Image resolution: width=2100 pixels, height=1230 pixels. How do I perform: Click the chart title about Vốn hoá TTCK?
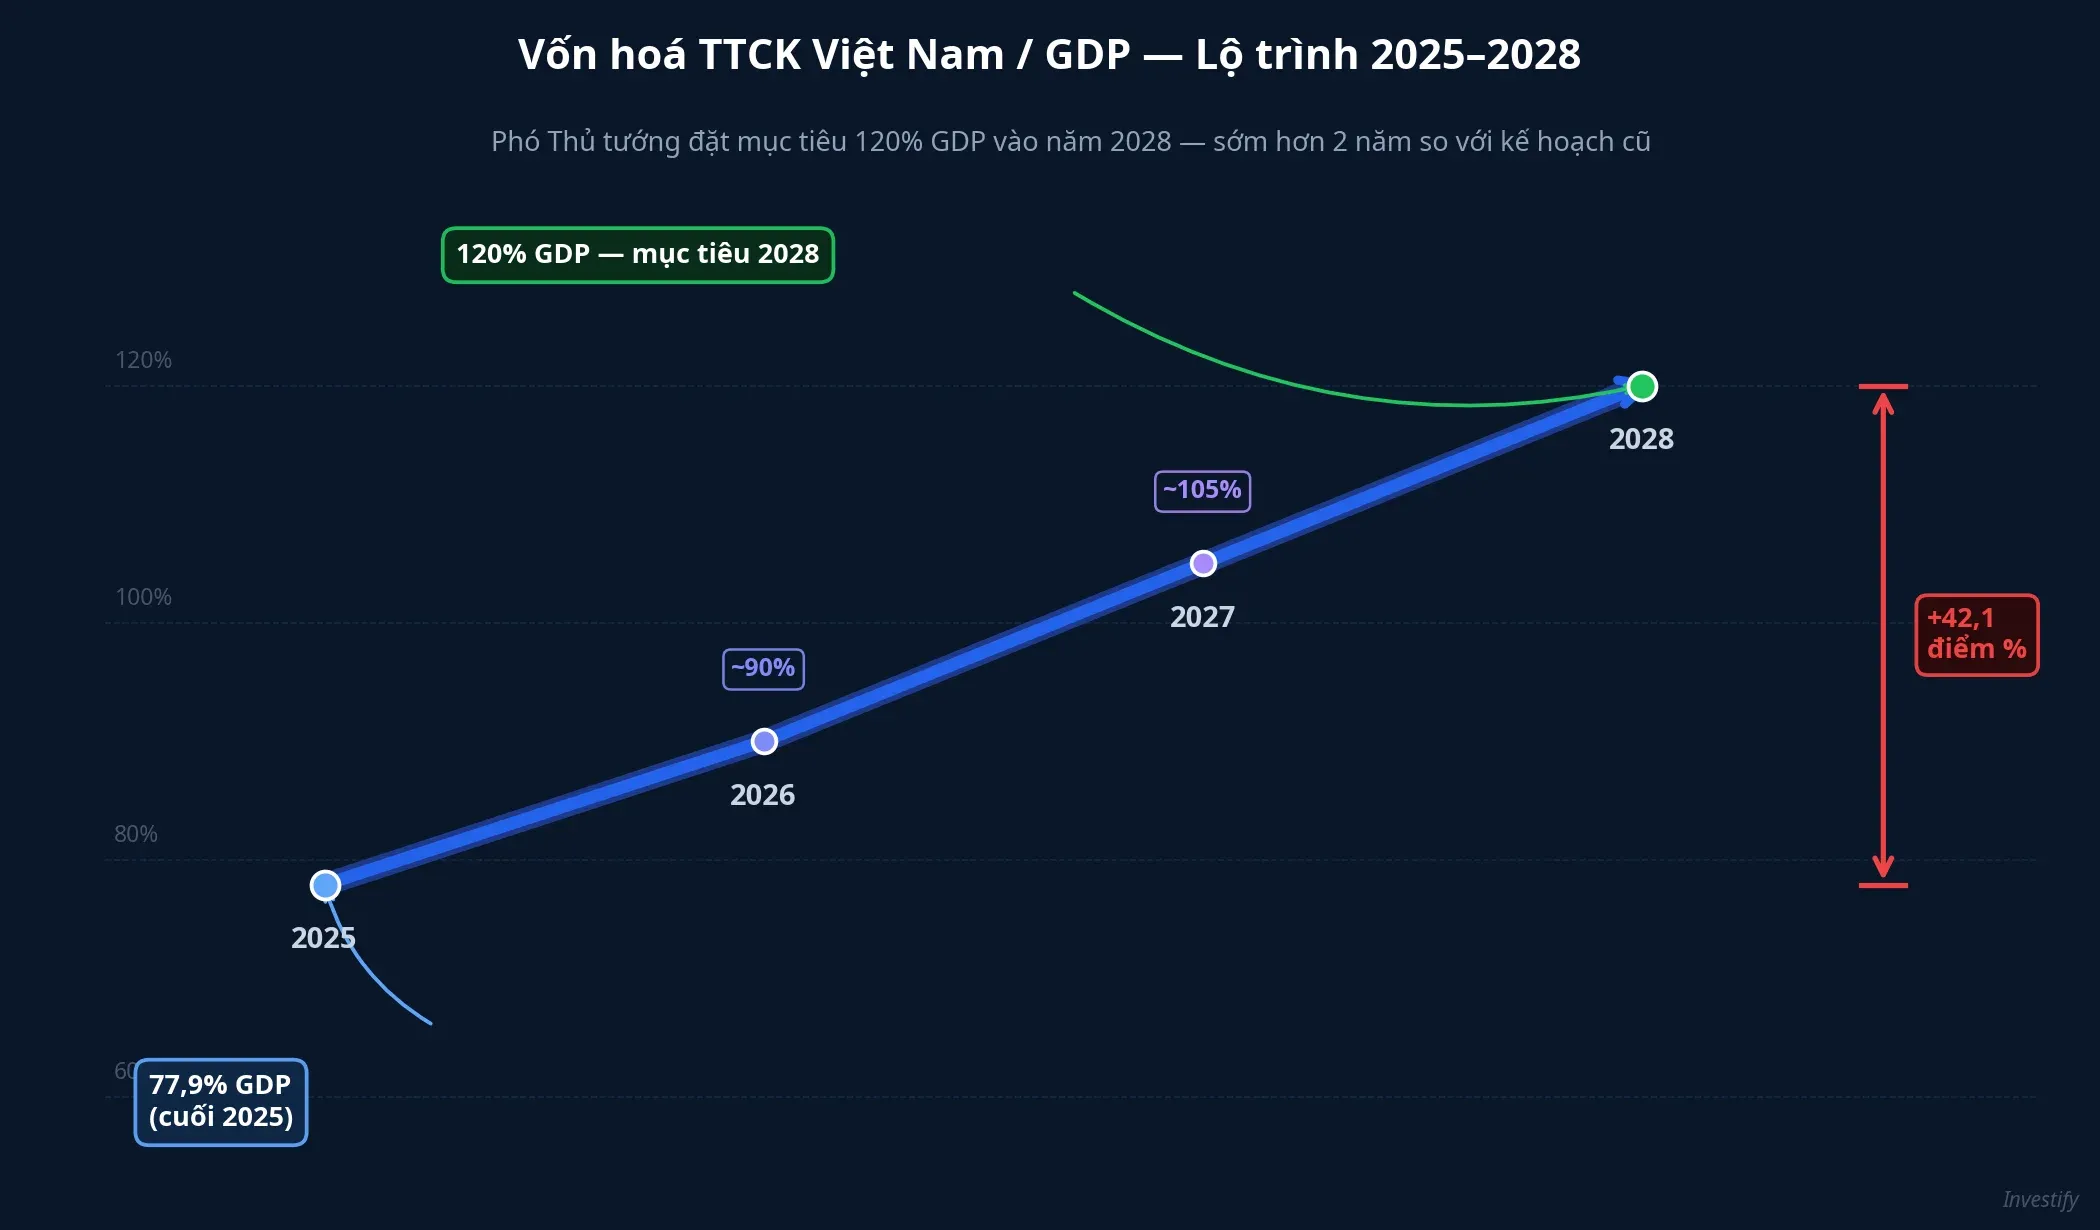(x=1049, y=55)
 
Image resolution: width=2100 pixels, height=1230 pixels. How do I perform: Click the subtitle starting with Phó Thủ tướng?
(x=1070, y=142)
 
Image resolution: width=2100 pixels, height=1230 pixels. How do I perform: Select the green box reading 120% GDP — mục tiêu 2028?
(x=638, y=255)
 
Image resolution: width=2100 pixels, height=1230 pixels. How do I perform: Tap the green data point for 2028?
(x=1641, y=386)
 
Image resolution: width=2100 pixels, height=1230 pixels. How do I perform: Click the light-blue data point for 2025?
(x=325, y=885)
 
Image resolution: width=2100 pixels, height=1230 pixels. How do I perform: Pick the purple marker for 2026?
(x=764, y=741)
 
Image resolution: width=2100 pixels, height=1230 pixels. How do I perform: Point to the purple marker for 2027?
(x=1203, y=564)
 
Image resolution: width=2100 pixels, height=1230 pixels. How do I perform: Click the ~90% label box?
(x=763, y=668)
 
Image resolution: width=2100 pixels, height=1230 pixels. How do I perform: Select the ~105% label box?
(x=1202, y=491)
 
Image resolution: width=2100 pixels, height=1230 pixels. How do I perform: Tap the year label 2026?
(x=762, y=795)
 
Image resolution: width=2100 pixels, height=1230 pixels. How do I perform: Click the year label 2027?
(x=1202, y=617)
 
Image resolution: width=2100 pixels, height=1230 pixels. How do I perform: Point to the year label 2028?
(x=1641, y=439)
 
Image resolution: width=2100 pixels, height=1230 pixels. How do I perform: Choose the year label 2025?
(x=323, y=938)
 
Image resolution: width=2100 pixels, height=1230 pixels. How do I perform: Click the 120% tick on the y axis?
(x=143, y=360)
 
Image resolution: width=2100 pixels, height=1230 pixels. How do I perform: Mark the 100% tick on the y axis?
(x=143, y=597)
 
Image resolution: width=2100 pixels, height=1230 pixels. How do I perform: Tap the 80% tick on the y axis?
(x=135, y=834)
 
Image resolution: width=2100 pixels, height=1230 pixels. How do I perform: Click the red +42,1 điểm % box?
(x=1976, y=635)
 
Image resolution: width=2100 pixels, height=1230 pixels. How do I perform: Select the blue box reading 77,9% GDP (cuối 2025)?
(x=221, y=1102)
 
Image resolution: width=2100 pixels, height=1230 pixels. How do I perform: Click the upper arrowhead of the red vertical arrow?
(x=1883, y=402)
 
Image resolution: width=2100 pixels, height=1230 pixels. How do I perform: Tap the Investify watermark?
(x=2039, y=1199)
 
